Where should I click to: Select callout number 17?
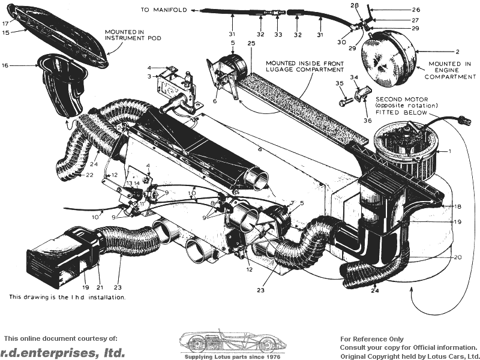click(x=5, y=24)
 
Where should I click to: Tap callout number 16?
click(x=5, y=65)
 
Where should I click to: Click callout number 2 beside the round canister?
click(x=457, y=52)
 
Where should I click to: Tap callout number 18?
click(x=458, y=207)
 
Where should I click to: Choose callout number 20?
click(x=458, y=257)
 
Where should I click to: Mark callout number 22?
click(x=89, y=175)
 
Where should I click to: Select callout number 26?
click(x=416, y=10)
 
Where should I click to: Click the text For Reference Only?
click(x=372, y=339)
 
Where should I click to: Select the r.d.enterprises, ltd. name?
click(x=62, y=352)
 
